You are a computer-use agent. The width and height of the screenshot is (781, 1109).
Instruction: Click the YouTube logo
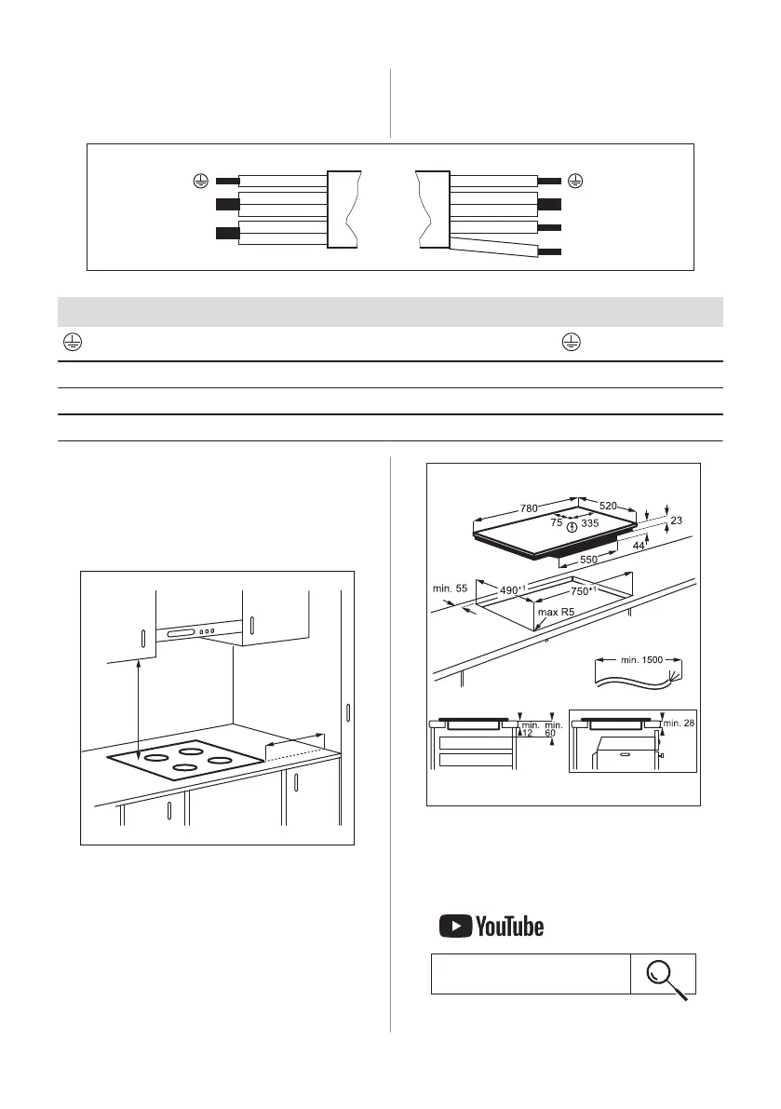(491, 926)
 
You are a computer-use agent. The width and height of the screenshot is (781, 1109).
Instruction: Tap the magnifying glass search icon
(665, 975)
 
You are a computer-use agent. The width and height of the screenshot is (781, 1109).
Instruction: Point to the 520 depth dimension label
(607, 504)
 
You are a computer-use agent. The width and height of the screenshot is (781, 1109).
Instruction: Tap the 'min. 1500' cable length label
(642, 659)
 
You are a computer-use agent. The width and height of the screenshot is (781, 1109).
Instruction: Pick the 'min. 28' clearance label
(680, 723)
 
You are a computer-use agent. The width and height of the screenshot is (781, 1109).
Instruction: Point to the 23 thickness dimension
(676, 521)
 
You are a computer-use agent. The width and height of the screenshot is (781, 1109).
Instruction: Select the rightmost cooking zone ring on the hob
(219, 761)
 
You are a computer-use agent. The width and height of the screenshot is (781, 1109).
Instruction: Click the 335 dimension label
(590, 523)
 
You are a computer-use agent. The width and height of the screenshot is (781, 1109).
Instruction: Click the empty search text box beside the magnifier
(531, 974)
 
